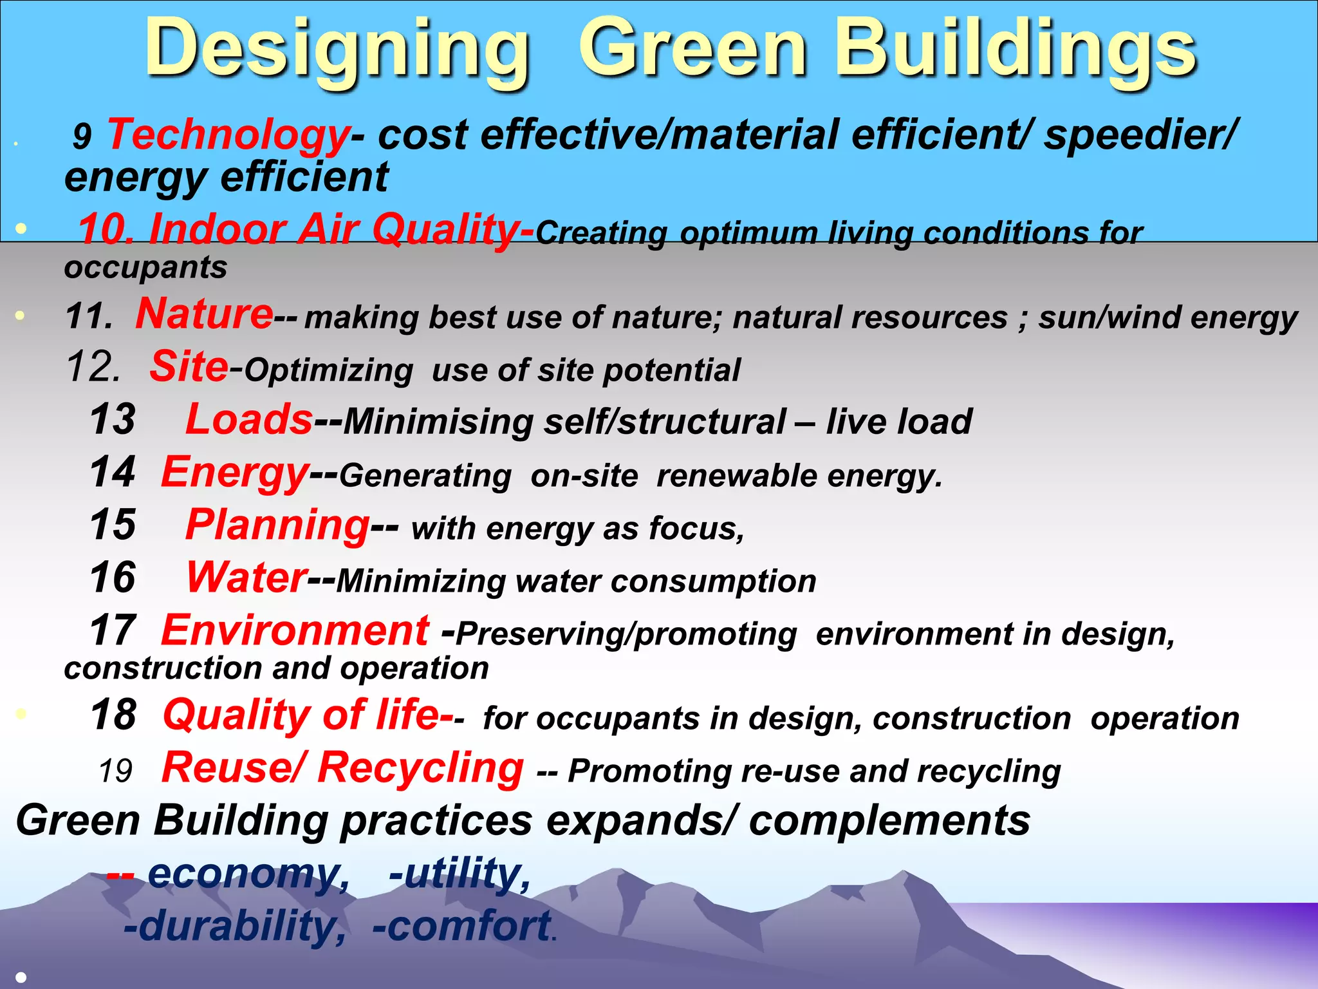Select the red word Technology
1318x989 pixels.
pyautogui.click(x=228, y=135)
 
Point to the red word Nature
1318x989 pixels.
pyautogui.click(x=204, y=314)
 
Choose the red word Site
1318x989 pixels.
pyautogui.click(x=189, y=367)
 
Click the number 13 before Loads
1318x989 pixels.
pyautogui.click(x=113, y=420)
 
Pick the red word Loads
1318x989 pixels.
pyautogui.click(x=249, y=420)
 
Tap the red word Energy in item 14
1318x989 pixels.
pyautogui.click(x=235, y=473)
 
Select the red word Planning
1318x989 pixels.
pyautogui.click(x=277, y=525)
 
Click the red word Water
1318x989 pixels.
pyautogui.click(x=246, y=578)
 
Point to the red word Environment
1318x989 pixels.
pyautogui.click(x=295, y=630)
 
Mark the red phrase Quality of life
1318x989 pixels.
pyautogui.click(x=301, y=715)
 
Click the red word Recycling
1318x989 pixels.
pyautogui.click(x=421, y=768)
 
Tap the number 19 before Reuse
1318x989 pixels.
pyautogui.click(x=116, y=771)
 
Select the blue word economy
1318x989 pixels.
pyautogui.click(x=248, y=874)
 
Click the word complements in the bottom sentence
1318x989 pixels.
pyautogui.click(x=889, y=822)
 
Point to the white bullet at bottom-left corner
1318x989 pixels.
pyautogui.click(x=21, y=977)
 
